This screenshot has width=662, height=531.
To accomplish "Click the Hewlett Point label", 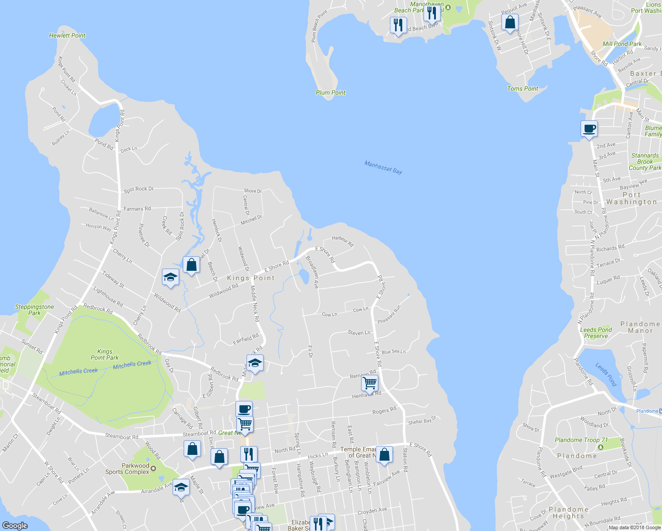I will [x=67, y=35].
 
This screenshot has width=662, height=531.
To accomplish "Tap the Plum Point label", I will [x=331, y=92].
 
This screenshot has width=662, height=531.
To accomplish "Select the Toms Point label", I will [x=523, y=88].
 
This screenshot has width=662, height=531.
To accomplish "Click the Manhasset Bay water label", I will [x=383, y=167].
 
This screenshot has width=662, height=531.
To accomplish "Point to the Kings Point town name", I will [x=251, y=278].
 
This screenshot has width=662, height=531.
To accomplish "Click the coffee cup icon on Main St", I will [x=589, y=129].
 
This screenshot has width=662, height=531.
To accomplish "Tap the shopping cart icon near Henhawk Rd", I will [x=369, y=383].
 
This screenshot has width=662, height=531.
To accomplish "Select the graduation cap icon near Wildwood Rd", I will [x=170, y=277].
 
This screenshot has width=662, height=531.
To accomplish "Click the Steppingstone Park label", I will [x=35, y=310].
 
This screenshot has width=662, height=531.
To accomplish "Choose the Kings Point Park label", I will [x=104, y=354].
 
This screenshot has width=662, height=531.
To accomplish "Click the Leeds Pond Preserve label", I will [x=596, y=333].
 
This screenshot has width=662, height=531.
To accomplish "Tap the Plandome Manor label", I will [x=640, y=327].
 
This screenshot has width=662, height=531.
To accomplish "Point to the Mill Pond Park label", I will [x=622, y=44].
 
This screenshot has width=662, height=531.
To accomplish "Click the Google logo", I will [x=15, y=525].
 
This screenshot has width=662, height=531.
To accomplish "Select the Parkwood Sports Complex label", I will [x=127, y=469].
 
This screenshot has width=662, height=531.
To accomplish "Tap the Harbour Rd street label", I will [x=343, y=241].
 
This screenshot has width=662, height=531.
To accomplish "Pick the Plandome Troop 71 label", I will [x=581, y=440].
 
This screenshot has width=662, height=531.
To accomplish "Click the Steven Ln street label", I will [x=359, y=332].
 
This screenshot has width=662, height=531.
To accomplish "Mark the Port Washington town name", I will [x=631, y=198].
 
